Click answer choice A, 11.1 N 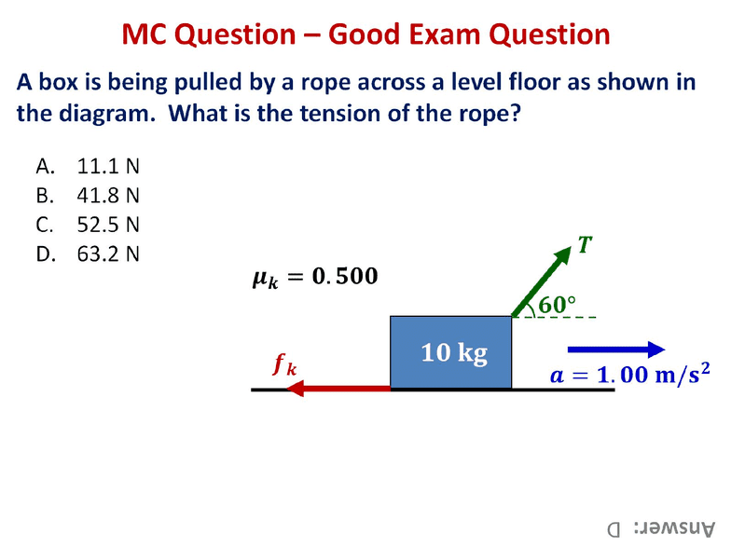click(88, 166)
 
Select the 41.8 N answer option click(88, 196)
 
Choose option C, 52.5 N click(88, 225)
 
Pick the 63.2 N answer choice click(88, 253)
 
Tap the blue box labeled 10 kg click(451, 352)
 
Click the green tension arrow click(542, 281)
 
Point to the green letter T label click(585, 244)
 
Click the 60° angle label click(558, 304)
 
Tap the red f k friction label click(285, 363)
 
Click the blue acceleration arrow click(616, 349)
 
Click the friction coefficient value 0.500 click(345, 276)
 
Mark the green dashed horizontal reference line click(554, 317)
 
